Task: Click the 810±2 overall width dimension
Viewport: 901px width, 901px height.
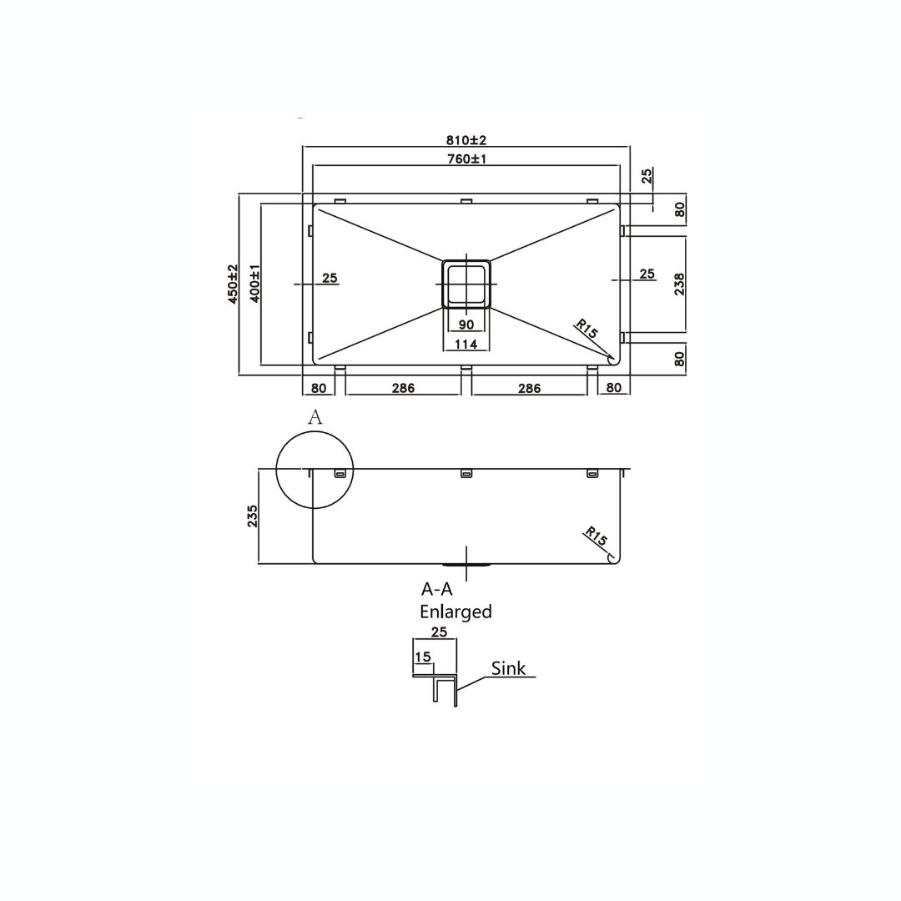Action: (x=466, y=140)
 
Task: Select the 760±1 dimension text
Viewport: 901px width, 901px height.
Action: (x=466, y=159)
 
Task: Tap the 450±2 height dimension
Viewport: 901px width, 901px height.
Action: (x=233, y=284)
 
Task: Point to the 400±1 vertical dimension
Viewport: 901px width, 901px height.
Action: (x=254, y=284)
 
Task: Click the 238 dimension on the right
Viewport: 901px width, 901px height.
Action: (x=679, y=284)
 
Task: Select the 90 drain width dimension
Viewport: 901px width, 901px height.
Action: (x=466, y=325)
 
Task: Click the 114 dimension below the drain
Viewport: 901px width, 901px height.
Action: (x=466, y=344)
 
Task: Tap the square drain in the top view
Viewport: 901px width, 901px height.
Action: (x=466, y=284)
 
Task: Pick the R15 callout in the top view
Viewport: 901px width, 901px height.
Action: (x=586, y=329)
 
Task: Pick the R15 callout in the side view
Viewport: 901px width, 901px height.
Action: (x=596, y=537)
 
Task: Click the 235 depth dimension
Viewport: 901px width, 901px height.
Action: (x=252, y=516)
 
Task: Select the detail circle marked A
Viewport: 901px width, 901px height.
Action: (x=315, y=470)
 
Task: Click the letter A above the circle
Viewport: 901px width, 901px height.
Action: (x=315, y=417)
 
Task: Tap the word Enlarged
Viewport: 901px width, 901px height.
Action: (x=456, y=612)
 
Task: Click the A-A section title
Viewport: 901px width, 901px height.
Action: (x=436, y=589)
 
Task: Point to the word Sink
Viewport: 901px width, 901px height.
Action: (x=508, y=668)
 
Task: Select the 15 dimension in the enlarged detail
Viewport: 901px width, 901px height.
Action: (x=423, y=657)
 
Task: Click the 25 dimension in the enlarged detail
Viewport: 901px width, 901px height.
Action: (x=439, y=632)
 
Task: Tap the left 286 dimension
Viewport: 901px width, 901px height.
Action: (x=402, y=388)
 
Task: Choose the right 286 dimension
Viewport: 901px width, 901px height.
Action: (x=529, y=388)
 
